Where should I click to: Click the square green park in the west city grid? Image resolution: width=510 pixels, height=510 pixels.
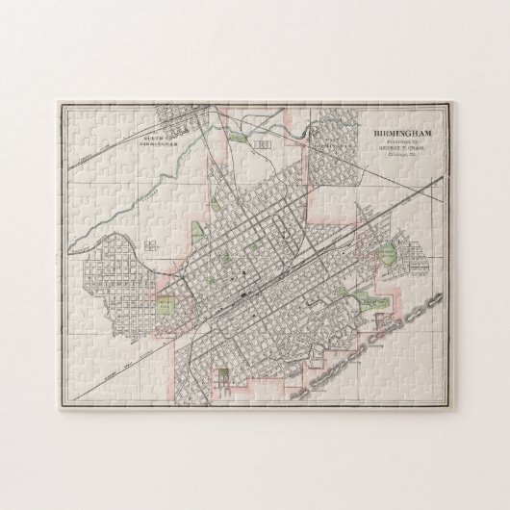165,307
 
